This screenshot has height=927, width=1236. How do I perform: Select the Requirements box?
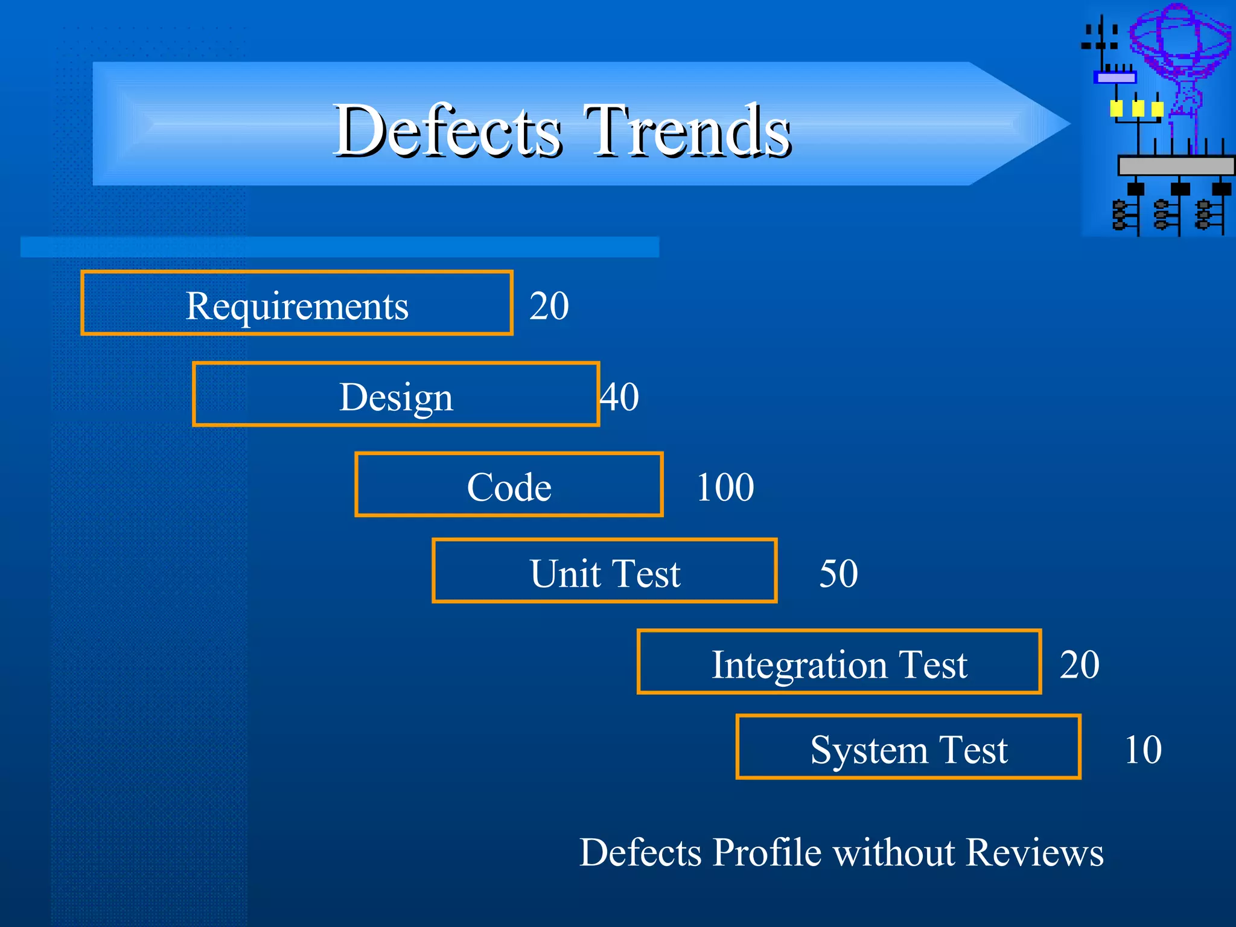tap(297, 304)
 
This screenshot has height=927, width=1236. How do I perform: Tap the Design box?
tap(396, 395)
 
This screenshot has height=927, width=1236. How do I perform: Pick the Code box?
tap(509, 485)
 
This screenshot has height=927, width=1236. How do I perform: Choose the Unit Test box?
tap(605, 572)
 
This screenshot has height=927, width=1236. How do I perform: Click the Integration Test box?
tap(839, 663)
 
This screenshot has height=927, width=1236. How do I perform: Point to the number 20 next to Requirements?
tap(549, 305)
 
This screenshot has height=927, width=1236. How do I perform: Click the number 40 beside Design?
tap(619, 397)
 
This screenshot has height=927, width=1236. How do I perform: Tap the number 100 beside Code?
tap(725, 487)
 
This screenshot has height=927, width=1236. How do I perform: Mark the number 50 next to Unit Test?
tap(838, 573)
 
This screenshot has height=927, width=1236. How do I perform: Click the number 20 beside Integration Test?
tap(1080, 664)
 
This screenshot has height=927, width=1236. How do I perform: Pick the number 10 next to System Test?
tap(1142, 750)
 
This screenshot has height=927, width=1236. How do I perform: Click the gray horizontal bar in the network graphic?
tap(1176, 165)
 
